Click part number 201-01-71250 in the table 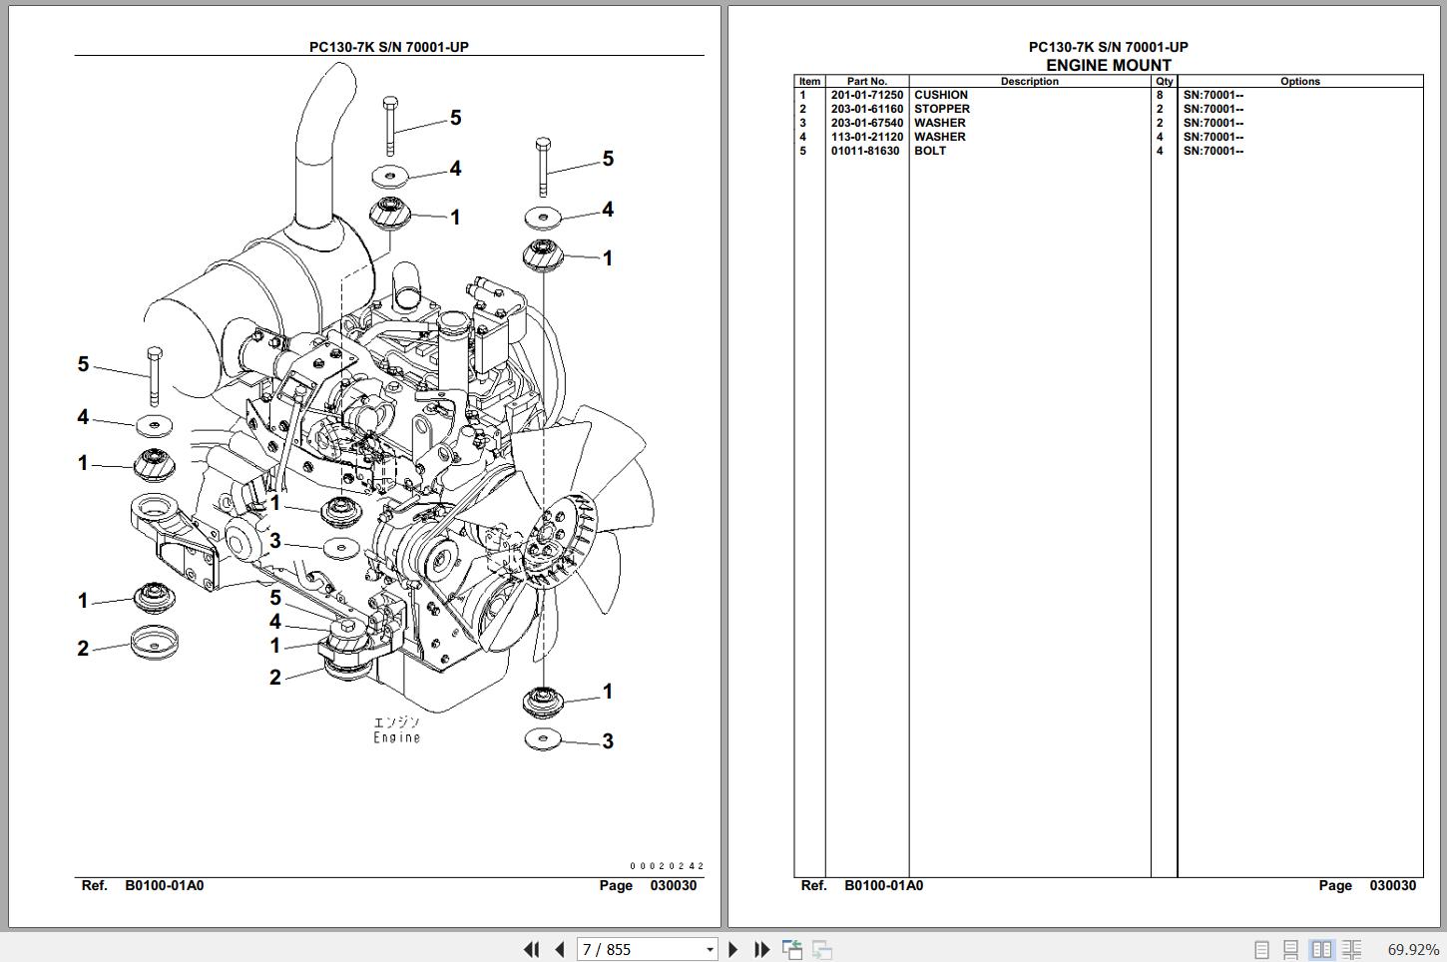click(x=866, y=96)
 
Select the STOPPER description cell click(x=941, y=110)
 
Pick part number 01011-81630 click(x=864, y=152)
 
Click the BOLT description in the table click(x=929, y=152)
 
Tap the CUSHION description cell click(x=940, y=96)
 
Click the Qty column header click(x=1164, y=82)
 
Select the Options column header click(x=1299, y=82)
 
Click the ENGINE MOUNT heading click(x=1108, y=66)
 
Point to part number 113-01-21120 click(x=866, y=138)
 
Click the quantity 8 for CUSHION click(x=1160, y=96)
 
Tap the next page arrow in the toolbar click(x=733, y=950)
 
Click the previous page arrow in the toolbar click(x=560, y=950)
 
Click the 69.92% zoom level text click(x=1413, y=950)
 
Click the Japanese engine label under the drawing click(x=396, y=722)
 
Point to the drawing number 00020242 click(x=666, y=867)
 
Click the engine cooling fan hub click(x=543, y=546)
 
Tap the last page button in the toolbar click(x=761, y=950)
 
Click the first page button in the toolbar click(x=532, y=950)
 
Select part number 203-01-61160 click(x=866, y=110)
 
